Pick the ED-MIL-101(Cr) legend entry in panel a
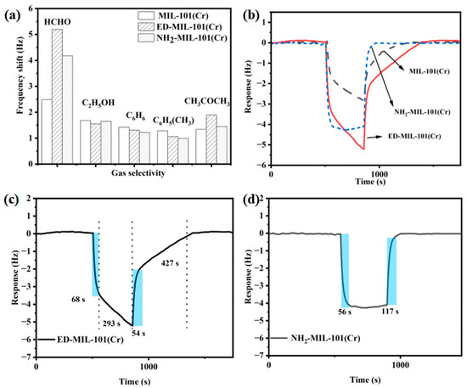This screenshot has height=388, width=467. click(184, 30)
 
